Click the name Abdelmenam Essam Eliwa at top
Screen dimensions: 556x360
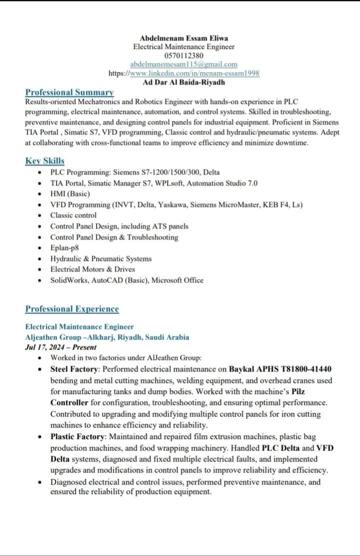(x=183, y=38)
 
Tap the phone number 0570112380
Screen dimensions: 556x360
(x=183, y=55)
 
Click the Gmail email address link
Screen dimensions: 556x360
(x=183, y=64)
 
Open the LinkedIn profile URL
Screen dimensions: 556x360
(x=194, y=73)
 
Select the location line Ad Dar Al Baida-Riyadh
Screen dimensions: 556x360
(x=183, y=82)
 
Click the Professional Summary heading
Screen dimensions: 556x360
(x=69, y=92)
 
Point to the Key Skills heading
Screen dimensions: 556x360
(x=44, y=161)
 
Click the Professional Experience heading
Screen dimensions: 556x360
(x=72, y=309)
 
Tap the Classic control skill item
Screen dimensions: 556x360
(x=73, y=215)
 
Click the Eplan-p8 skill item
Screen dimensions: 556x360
(x=64, y=248)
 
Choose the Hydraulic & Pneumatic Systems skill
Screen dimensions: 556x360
(x=100, y=259)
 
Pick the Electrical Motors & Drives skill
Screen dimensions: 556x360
(x=92, y=269)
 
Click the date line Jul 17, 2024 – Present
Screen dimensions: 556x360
(x=60, y=347)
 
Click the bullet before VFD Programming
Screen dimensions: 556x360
(x=40, y=205)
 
